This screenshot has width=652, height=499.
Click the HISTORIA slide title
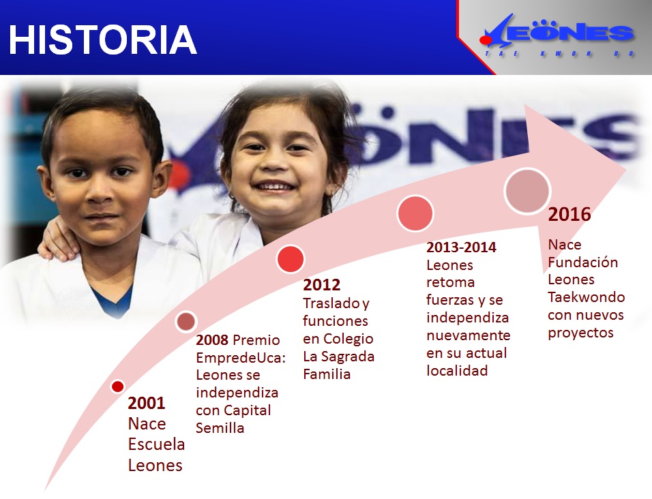click(x=103, y=40)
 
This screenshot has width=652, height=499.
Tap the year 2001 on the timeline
click(x=147, y=403)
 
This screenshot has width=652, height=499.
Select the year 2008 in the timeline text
click(x=212, y=340)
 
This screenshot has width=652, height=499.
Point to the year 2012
click(x=321, y=285)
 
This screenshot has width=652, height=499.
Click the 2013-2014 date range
click(x=461, y=247)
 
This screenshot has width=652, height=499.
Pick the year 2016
click(x=569, y=214)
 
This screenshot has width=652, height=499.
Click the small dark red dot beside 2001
click(x=118, y=387)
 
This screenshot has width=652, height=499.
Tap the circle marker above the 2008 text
click(x=186, y=321)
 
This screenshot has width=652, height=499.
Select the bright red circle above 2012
click(x=291, y=259)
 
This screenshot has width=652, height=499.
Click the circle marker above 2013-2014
click(x=415, y=213)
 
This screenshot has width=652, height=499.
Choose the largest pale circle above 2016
click(x=527, y=192)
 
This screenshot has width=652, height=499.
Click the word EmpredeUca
click(x=241, y=358)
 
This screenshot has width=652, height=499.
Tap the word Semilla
click(x=220, y=428)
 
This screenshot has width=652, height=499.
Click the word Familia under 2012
click(x=327, y=374)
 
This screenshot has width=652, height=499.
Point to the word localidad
click(x=457, y=370)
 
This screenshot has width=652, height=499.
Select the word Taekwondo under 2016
click(x=587, y=297)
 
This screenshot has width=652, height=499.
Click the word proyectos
click(x=580, y=333)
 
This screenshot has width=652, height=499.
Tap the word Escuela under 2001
click(x=156, y=444)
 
